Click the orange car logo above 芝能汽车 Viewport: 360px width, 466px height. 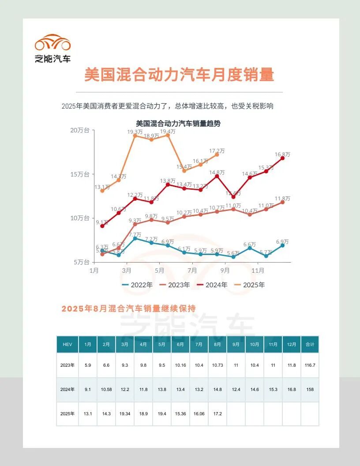[52, 42]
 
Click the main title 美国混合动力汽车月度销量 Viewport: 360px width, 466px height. [179, 75]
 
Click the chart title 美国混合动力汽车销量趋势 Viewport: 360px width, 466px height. [178, 124]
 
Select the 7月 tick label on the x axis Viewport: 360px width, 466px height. [192, 270]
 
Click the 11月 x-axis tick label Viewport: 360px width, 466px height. [258, 270]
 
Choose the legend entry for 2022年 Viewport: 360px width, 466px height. [137, 285]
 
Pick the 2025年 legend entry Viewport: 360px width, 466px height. [250, 285]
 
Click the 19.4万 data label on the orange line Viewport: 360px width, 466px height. [168, 132]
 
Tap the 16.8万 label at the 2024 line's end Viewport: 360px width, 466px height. [282, 154]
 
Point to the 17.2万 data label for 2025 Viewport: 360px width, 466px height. [217, 150]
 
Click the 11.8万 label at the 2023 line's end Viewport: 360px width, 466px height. [282, 198]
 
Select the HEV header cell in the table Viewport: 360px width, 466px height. [67, 344]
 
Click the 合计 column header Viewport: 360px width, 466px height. [310, 344]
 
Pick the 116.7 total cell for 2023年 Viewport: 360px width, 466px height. [310, 365]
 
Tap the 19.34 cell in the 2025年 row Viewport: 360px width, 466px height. [125, 414]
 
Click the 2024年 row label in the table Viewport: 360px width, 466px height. [67, 390]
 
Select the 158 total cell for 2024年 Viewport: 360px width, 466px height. [310, 390]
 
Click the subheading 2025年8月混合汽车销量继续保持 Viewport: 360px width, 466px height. [128, 308]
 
